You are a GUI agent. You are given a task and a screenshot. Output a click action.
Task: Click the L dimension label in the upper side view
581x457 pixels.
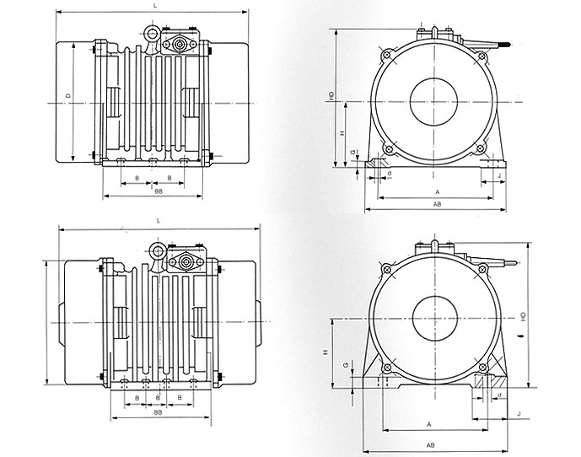[x=155, y=6]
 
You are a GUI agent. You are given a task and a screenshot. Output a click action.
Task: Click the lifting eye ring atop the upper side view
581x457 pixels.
[x=153, y=33]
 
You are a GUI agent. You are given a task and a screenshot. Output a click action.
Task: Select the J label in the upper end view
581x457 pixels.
[x=499, y=175]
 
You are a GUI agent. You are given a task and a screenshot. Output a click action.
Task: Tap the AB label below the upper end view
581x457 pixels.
[x=436, y=205]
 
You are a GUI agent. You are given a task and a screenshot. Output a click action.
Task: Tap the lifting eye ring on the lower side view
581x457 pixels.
[x=157, y=250]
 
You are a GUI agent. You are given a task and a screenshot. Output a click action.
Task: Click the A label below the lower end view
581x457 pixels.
[x=429, y=423]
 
